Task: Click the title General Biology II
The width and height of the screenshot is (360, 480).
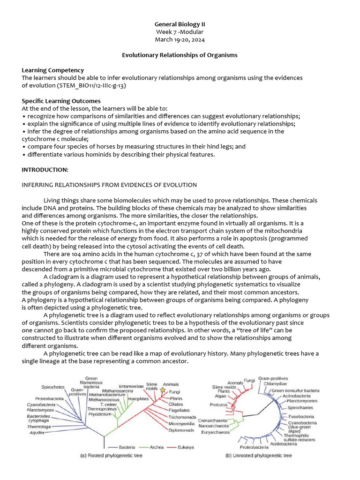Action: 180,24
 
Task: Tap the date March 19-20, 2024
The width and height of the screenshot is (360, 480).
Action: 180,39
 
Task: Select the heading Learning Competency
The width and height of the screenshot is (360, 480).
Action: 53,70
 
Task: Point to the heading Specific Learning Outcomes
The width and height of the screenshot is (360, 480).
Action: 61,101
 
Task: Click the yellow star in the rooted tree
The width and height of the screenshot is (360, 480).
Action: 163,390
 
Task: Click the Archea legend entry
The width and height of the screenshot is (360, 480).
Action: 156,447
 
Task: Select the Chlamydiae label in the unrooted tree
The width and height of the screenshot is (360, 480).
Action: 275,383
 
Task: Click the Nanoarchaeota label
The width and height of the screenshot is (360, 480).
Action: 214,426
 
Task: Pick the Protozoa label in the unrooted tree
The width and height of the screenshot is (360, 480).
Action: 218,405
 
